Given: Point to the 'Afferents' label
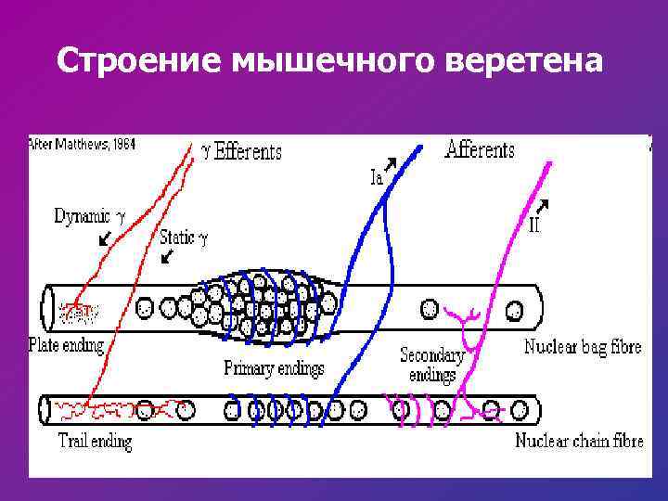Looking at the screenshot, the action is (480, 148).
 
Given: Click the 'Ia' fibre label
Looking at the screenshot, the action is (377, 178).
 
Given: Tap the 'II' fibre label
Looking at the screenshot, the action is (534, 224).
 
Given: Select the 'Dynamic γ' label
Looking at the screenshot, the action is (88, 217).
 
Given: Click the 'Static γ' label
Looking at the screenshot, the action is (183, 237).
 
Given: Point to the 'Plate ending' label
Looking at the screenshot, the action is (67, 345).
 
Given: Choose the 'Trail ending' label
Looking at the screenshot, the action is (95, 442).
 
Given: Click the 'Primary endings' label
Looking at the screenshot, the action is (274, 368).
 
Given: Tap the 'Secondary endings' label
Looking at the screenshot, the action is (432, 365).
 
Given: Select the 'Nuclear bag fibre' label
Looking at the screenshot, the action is (582, 348).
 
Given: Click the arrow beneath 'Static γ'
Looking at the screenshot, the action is (166, 255).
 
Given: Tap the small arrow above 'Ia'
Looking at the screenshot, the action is (391, 164).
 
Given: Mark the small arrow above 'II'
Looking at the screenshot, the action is (543, 204).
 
